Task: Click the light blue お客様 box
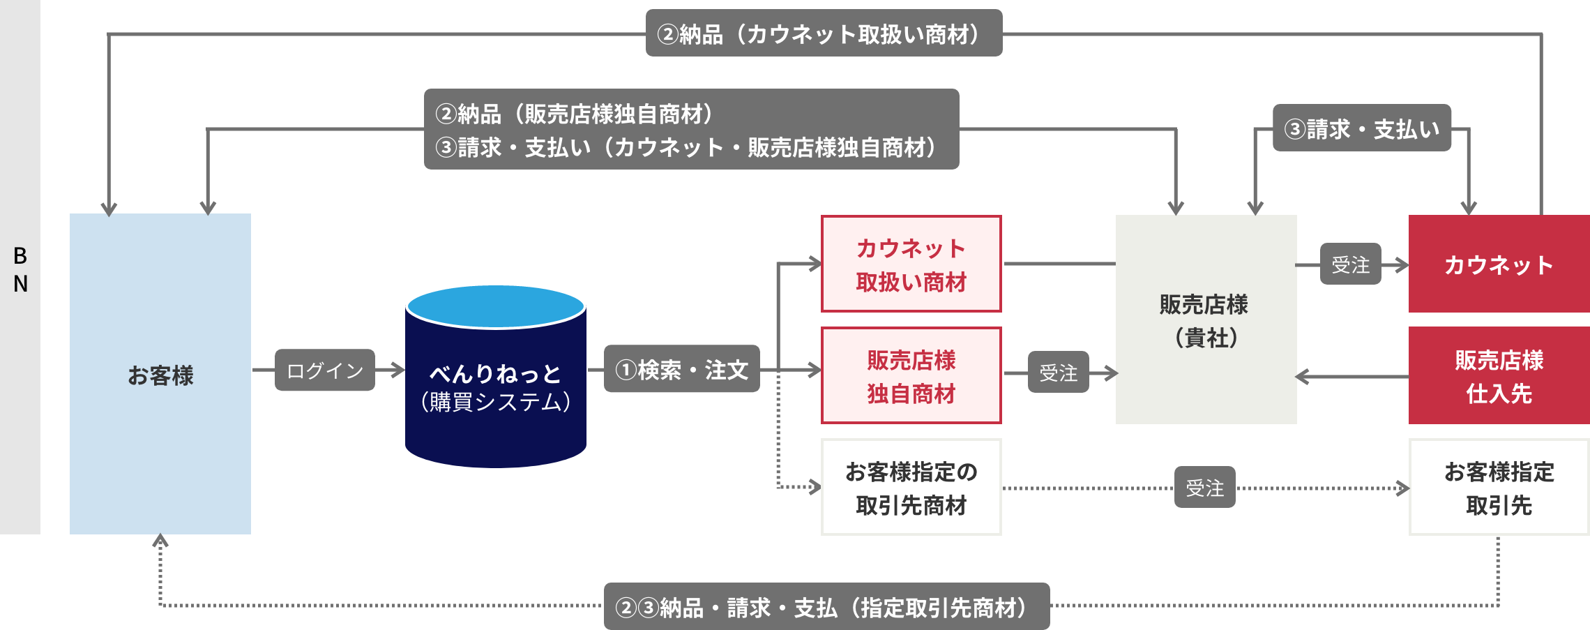160,375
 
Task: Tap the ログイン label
325,370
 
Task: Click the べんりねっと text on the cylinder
496,373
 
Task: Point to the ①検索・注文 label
681,369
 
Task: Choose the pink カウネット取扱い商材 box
911,264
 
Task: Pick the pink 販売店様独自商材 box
911,376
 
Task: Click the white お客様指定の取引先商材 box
911,488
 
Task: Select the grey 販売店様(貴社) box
1206,320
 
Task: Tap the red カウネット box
1499,264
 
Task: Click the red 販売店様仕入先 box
1499,376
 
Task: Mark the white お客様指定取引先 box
1499,488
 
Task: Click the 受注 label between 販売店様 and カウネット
1350,264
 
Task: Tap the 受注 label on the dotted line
1204,488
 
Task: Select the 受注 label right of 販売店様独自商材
1058,373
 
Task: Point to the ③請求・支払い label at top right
1361,128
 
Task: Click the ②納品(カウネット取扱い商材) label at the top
824,33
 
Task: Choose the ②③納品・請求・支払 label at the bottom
826,607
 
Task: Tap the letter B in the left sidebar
20,256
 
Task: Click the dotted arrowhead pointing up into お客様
160,541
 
